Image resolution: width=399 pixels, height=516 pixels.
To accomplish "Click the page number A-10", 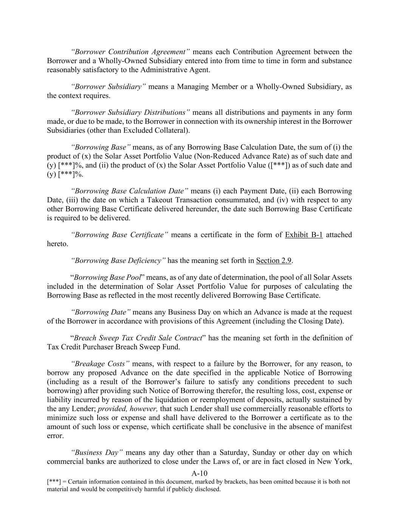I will (x=199, y=473).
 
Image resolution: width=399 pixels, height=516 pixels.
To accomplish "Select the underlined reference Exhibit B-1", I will (x=304, y=235).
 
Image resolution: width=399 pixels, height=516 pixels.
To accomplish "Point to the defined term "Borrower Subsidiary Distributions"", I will (x=130, y=112).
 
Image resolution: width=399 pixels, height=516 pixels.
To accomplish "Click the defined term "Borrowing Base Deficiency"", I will (x=118, y=260).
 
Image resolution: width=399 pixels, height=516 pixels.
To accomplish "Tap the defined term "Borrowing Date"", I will (x=101, y=312).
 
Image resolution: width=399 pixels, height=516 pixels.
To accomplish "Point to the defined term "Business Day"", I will (x=97, y=452).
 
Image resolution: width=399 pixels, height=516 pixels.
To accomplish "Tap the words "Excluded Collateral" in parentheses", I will (x=156, y=130).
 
